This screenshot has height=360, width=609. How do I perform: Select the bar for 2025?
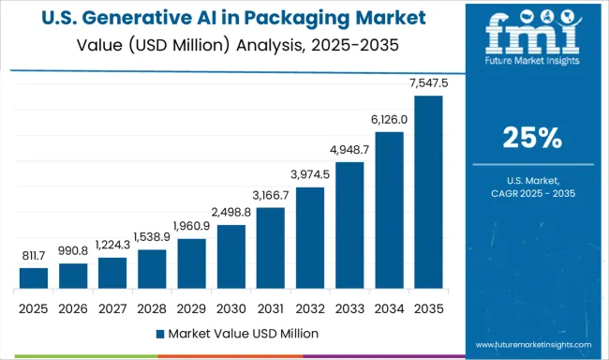pyautogui.click(x=33, y=277)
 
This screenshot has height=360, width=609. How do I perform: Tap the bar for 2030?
pyautogui.click(x=231, y=256)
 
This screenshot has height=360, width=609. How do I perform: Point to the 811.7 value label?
pyautogui.click(x=33, y=256)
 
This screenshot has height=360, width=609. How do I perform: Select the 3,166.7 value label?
pyautogui.click(x=271, y=195)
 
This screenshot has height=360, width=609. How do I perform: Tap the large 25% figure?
pyautogui.click(x=531, y=139)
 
